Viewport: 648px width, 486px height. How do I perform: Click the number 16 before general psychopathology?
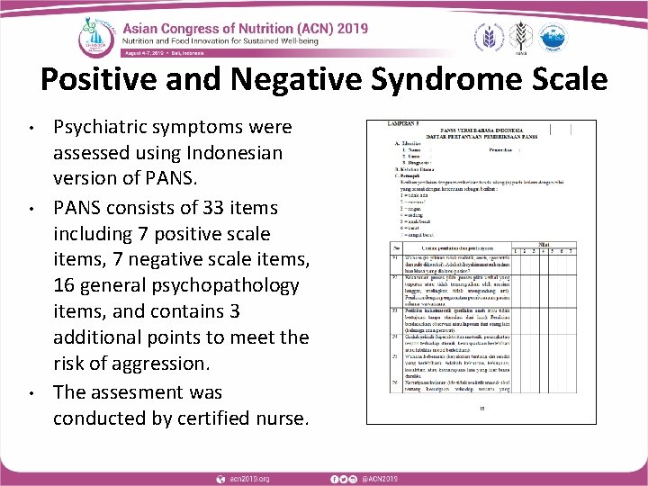[x=66, y=285]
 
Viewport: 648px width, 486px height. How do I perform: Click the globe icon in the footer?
[x=220, y=476]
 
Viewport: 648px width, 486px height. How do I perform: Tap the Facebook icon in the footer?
[x=333, y=476]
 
